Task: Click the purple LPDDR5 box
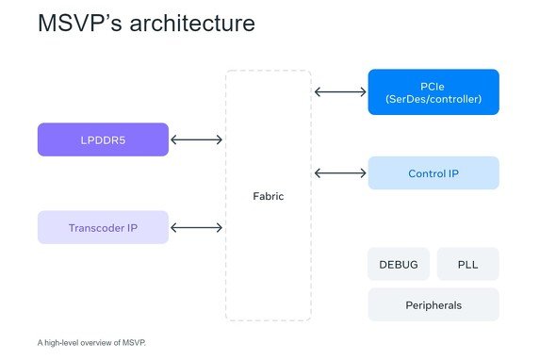(x=103, y=139)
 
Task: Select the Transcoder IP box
(x=103, y=227)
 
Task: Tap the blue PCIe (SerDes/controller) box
(x=433, y=91)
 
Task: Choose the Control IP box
(x=433, y=173)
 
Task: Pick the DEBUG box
(x=399, y=264)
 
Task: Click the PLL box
(x=468, y=264)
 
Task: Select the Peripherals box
(x=433, y=305)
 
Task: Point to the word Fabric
(x=269, y=196)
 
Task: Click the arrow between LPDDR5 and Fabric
(x=196, y=139)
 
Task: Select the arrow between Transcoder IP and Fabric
(x=196, y=228)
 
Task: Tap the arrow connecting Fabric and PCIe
(x=340, y=91)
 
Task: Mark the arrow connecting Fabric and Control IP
(x=340, y=173)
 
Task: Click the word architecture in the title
(x=192, y=24)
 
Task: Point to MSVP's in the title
(x=80, y=24)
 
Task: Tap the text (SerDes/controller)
(x=433, y=99)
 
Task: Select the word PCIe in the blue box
(x=433, y=86)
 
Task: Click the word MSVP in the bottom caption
(x=133, y=343)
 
